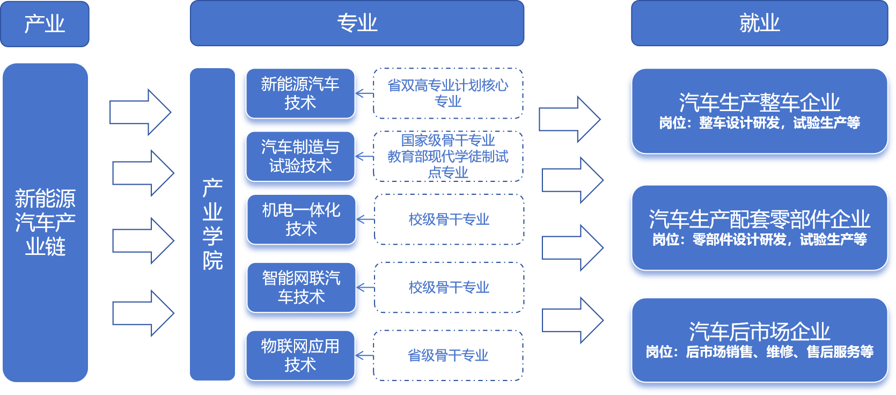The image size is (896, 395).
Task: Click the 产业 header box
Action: coord(45,24)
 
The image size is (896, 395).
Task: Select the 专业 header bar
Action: coord(357,23)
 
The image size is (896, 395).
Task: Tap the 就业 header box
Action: coord(759,23)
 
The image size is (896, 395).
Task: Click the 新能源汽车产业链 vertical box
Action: coord(45,222)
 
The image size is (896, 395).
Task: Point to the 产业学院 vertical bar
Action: coord(212,224)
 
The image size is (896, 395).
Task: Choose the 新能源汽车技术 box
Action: coord(300,93)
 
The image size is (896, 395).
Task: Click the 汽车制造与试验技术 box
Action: coord(300,156)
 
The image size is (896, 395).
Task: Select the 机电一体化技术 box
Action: coord(301,219)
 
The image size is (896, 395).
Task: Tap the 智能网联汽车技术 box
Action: coord(301,287)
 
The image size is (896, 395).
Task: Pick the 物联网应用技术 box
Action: coord(300,355)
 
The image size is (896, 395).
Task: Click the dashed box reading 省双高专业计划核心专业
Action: coord(448,93)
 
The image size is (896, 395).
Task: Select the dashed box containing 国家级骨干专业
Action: coord(448,156)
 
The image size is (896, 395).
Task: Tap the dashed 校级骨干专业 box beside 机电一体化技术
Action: coord(449,219)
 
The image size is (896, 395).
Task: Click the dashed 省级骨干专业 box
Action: coord(448,355)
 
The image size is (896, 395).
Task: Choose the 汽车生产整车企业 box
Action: coord(759,111)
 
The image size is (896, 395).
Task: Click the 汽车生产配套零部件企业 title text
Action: coord(759,219)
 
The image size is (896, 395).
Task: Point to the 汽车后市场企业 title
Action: coord(759,331)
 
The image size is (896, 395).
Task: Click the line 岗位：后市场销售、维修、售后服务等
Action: coord(759,352)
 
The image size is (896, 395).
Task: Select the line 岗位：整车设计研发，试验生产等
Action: coord(759,123)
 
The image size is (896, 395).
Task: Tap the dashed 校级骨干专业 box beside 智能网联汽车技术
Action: coord(449,287)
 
